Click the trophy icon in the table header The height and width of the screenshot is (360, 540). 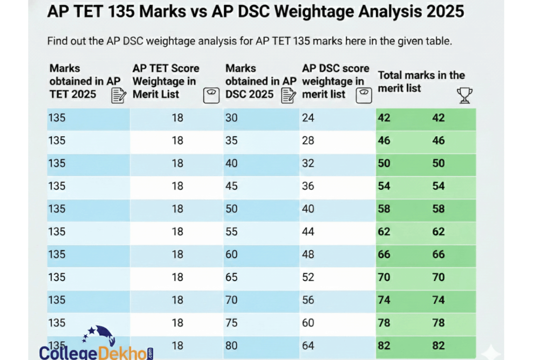464,95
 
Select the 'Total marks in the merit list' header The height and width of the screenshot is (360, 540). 421,81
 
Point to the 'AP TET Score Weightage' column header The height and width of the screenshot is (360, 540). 166,81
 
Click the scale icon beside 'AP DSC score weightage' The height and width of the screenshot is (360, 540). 364,95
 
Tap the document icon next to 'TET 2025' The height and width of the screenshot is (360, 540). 118,95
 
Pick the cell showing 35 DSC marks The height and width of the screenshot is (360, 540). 231,140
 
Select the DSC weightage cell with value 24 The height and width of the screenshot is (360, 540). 308,118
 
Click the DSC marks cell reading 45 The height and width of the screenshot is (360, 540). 231,186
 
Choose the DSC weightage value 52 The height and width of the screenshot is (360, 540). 308,277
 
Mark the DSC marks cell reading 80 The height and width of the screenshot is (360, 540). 231,346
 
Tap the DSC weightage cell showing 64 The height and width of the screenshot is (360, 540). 308,346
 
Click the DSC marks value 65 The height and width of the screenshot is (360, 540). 231,277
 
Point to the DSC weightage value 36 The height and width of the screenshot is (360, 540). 308,186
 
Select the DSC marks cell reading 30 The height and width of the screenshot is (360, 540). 231,118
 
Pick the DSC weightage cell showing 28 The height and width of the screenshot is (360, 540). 308,140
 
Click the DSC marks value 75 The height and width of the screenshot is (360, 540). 231,323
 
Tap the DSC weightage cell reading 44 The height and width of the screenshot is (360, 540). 308,232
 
